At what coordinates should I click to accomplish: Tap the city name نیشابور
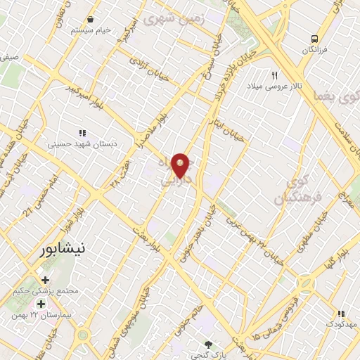(63, 249)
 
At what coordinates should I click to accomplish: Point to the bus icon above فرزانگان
(315, 39)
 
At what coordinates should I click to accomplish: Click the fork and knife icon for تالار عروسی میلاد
(275, 75)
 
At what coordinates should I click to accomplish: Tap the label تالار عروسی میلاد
(274, 86)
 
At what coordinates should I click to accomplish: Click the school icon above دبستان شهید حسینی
(82, 132)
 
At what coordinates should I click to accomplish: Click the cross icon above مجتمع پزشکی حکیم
(45, 281)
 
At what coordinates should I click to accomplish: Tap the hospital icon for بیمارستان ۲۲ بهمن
(41, 304)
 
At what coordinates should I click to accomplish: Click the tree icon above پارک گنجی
(207, 344)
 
